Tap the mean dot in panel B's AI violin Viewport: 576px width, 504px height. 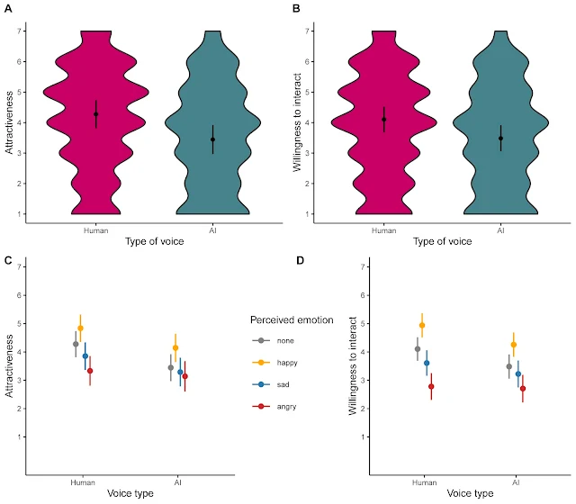(x=500, y=139)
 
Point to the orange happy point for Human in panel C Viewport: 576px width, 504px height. (x=81, y=328)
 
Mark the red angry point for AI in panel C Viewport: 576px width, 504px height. (x=185, y=376)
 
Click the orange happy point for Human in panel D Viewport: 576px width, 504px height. (x=422, y=325)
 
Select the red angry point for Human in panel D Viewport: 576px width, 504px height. (x=431, y=386)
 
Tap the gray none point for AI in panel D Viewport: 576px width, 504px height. (x=508, y=366)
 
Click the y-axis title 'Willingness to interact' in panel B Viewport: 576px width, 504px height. (x=296, y=122)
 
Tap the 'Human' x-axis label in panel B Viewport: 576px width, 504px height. (x=383, y=229)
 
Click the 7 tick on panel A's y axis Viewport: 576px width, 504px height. (x=19, y=31)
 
